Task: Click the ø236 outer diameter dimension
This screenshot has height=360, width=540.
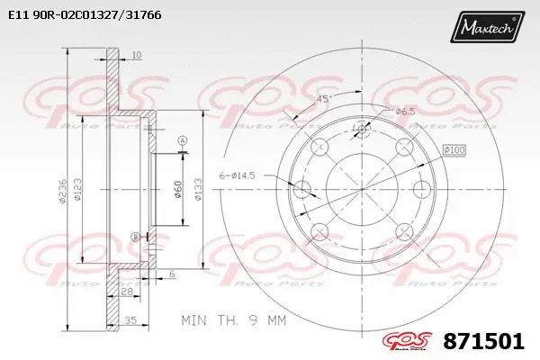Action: (x=63, y=190)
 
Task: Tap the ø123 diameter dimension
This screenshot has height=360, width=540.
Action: (x=79, y=190)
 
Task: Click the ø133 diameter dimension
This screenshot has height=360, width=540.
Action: (x=197, y=190)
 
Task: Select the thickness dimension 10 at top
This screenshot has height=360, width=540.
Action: (x=136, y=56)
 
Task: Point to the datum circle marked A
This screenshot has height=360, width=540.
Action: (x=182, y=140)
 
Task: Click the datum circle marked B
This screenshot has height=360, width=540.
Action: (x=136, y=236)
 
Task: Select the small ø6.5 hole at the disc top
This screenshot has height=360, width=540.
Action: (x=362, y=130)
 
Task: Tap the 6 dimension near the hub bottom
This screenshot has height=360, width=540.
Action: (x=171, y=274)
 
